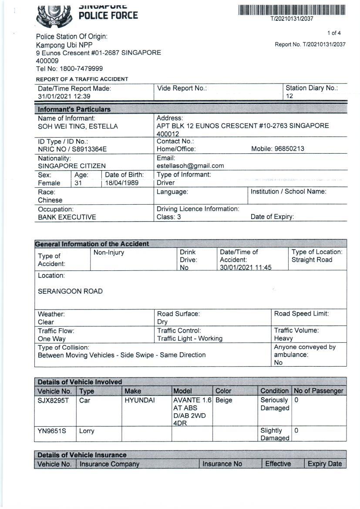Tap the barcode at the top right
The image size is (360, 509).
[x=292, y=10]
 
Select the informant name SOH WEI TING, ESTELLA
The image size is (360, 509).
[x=77, y=127]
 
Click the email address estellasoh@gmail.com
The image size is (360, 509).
[x=190, y=166]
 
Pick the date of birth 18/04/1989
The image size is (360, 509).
[x=122, y=183]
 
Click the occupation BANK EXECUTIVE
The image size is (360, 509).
[x=67, y=217]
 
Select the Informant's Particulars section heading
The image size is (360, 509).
[x=74, y=109]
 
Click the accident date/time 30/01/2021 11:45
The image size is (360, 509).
[x=246, y=267]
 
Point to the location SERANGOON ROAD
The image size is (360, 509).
[x=70, y=291]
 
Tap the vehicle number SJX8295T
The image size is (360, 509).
[x=53, y=400]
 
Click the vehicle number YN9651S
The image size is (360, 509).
[x=52, y=431]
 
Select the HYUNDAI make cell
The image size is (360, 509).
[x=140, y=400]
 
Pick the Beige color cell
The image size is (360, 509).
[x=224, y=400]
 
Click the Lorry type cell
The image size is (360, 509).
[x=87, y=431]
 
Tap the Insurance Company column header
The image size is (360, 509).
[x=109, y=464]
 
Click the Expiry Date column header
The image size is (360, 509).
[x=325, y=464]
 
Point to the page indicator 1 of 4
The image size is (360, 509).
[x=334, y=33]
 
